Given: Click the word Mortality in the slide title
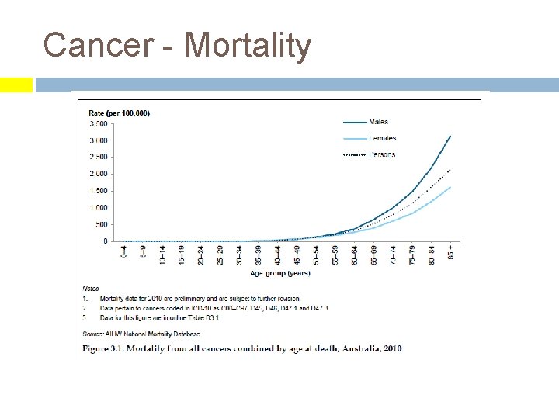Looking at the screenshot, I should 247,45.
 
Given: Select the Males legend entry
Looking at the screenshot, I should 378,122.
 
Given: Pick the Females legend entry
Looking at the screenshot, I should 381,138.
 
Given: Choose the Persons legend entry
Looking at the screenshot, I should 381,154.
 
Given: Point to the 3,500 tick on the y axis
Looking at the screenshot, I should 99,124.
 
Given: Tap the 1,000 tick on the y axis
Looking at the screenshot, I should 99,208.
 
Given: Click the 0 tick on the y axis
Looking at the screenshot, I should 106,241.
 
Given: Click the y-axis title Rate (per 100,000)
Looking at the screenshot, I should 119,113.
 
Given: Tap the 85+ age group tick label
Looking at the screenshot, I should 451,253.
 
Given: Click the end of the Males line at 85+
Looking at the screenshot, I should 450,137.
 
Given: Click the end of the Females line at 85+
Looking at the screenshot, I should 450,187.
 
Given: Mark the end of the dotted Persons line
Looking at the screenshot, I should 450,169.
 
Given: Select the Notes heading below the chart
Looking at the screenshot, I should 91,289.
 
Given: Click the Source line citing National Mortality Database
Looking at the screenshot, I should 141,334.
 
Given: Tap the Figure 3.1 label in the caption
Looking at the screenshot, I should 107,348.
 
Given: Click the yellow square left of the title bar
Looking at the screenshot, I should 16,85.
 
